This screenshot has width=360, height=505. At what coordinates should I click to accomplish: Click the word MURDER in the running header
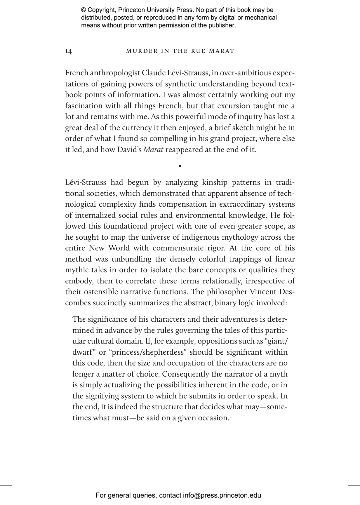point(138,51)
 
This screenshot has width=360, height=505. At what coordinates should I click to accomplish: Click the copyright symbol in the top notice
point(84,10)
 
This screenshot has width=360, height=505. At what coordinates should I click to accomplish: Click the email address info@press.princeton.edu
point(222,495)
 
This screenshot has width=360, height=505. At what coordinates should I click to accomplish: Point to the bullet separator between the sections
point(180,166)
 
